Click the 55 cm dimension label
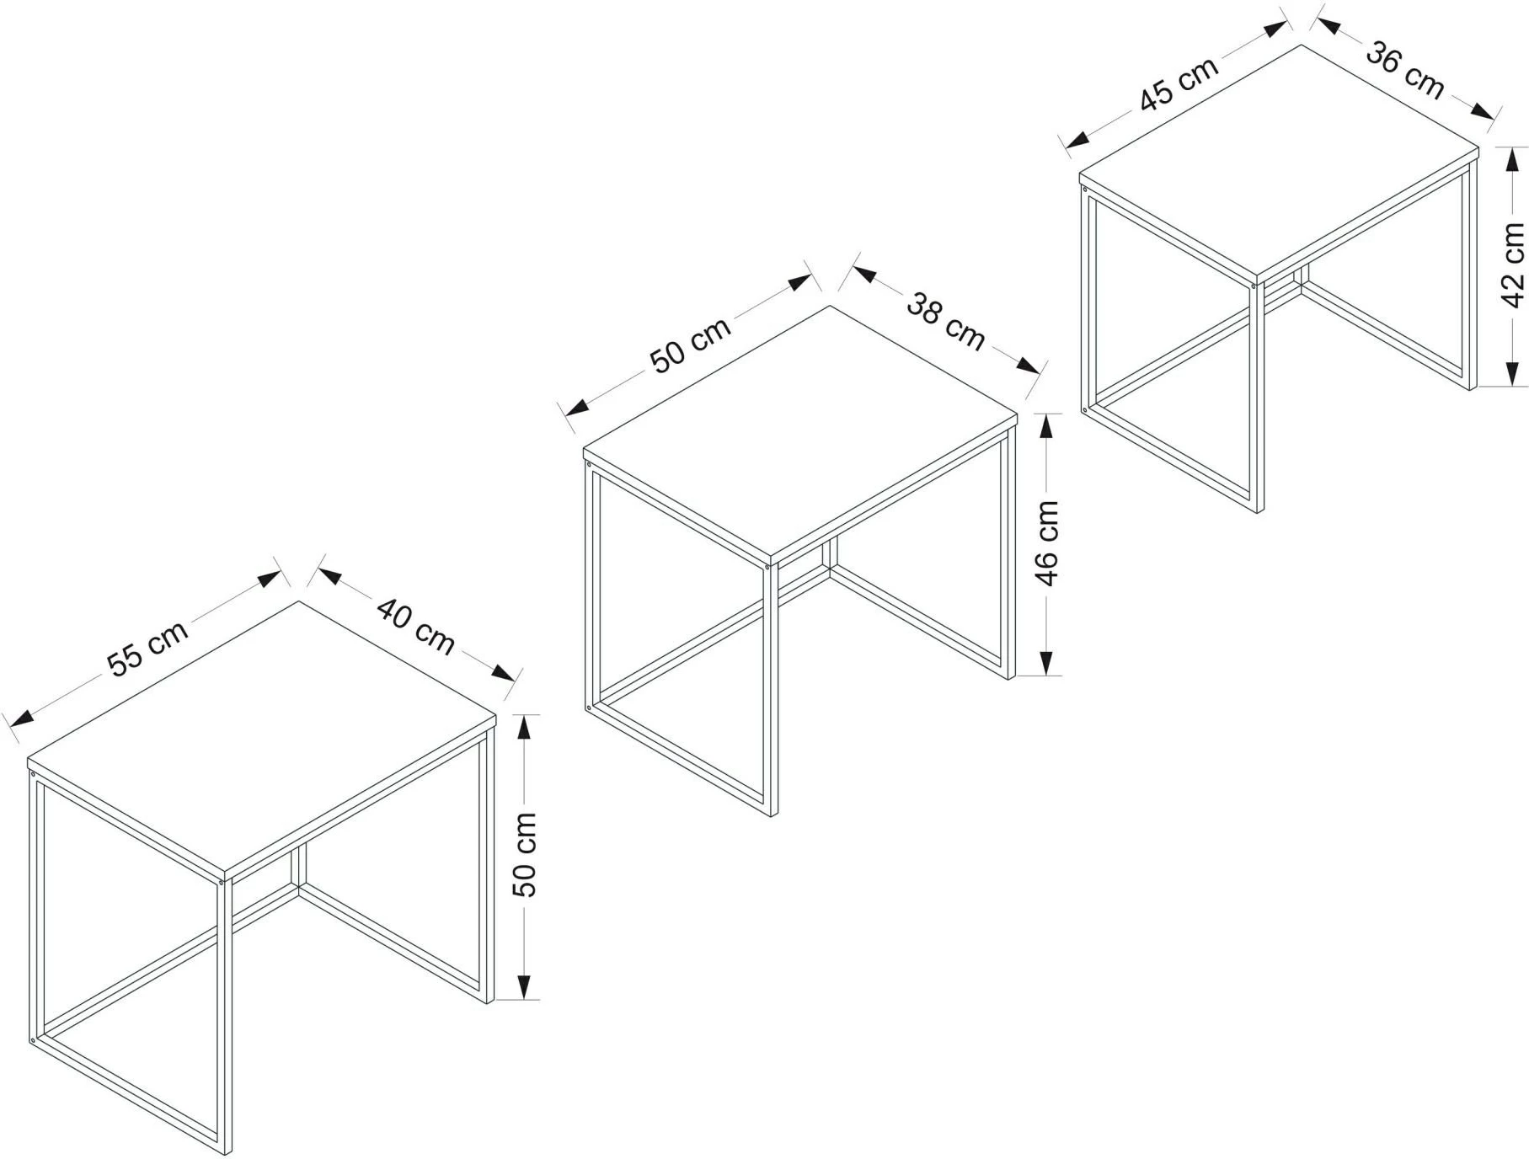[148, 649]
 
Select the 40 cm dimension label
[415, 627]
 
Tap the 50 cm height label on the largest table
[525, 855]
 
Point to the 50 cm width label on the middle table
[691, 344]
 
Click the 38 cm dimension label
[945, 321]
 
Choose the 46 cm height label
[1047, 543]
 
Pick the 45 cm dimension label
[1179, 84]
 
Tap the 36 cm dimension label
[1404, 70]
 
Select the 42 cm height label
[1514, 265]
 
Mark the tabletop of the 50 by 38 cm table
[800, 435]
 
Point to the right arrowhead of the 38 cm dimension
[1027, 365]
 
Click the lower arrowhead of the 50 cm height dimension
[524, 986]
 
